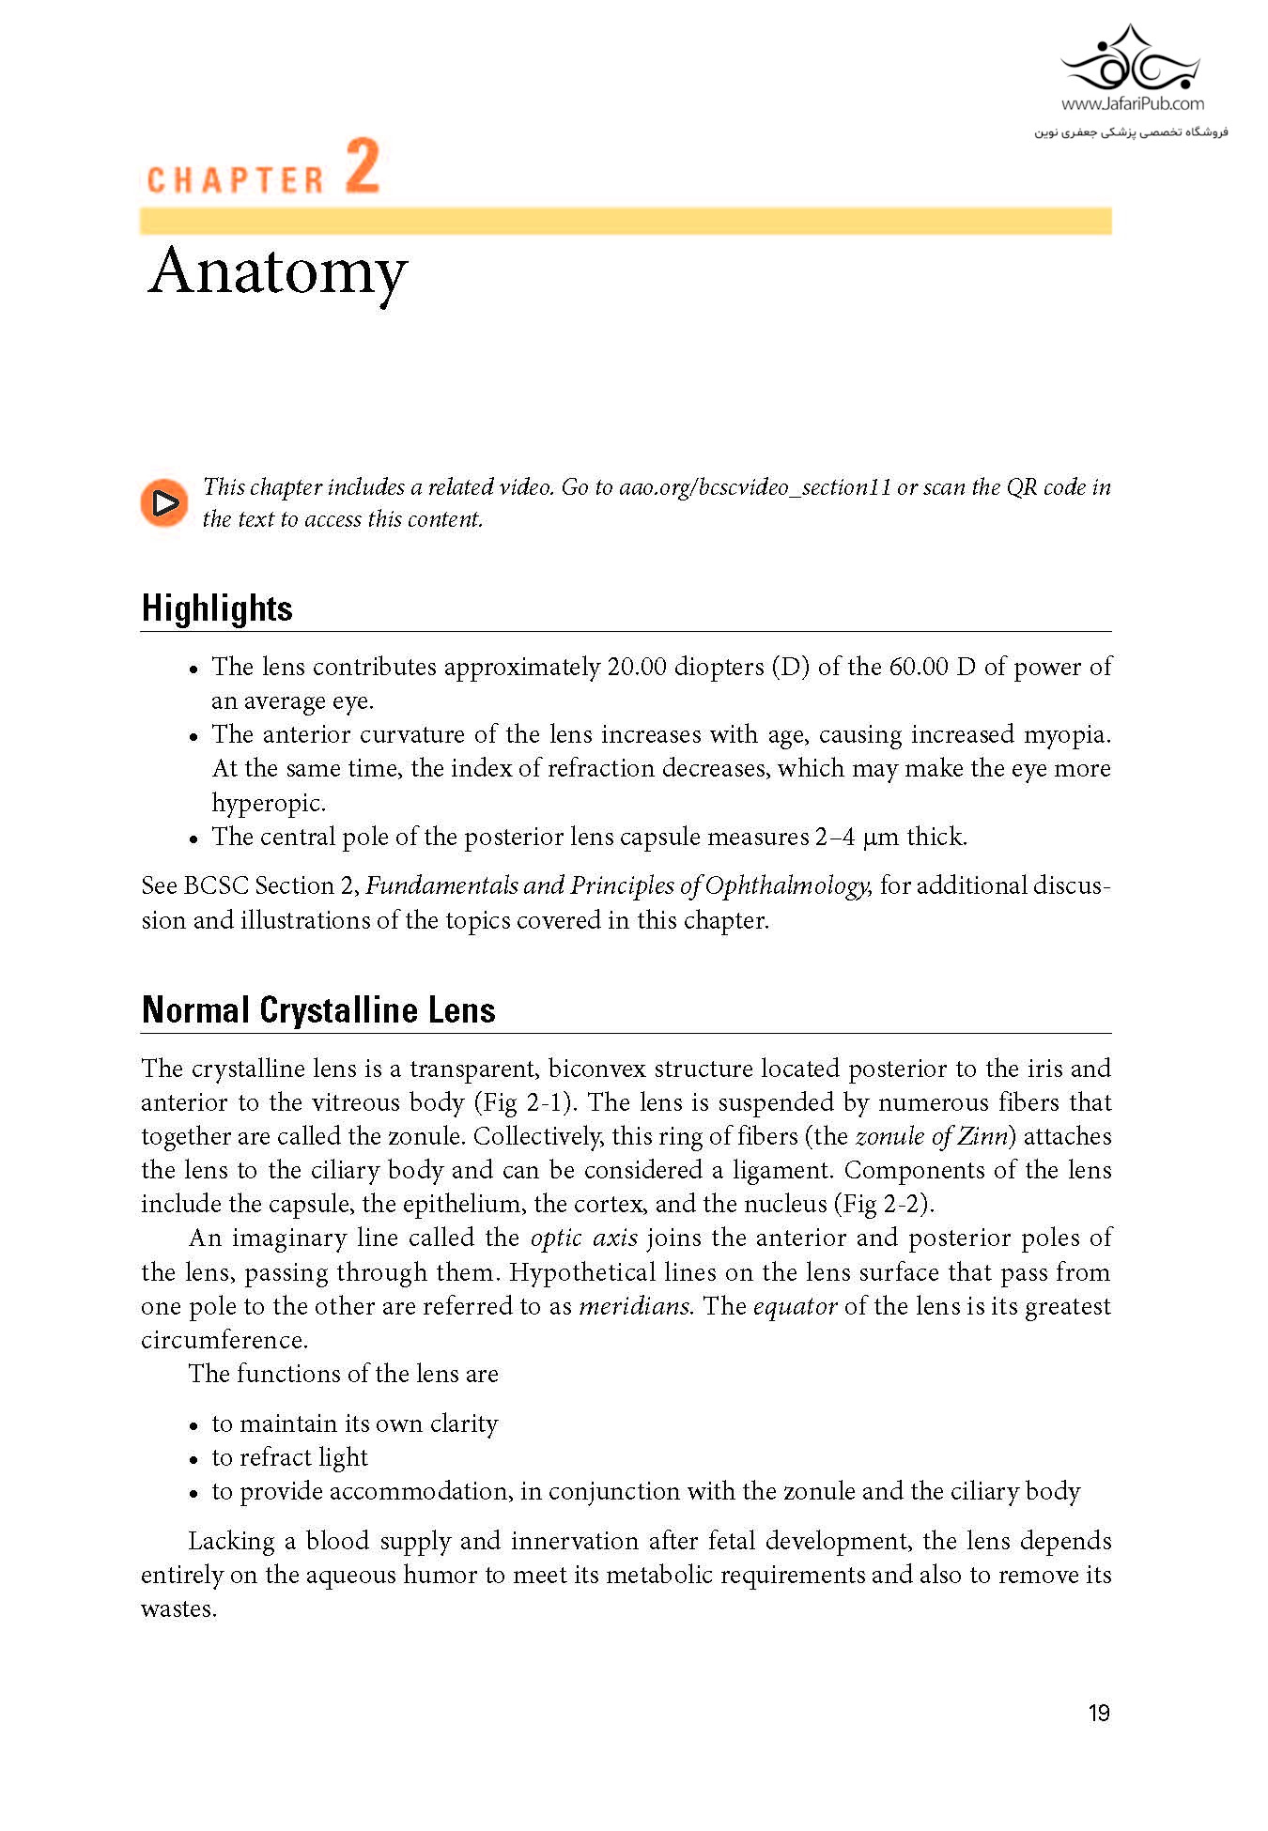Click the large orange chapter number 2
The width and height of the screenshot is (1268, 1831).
pyautogui.click(x=363, y=166)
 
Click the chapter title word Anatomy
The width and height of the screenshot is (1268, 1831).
pyautogui.click(x=278, y=272)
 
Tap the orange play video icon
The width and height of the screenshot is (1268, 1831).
pyautogui.click(x=164, y=503)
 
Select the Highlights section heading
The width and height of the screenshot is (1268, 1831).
pyautogui.click(x=217, y=608)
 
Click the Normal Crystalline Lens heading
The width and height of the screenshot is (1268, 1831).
pyautogui.click(x=318, y=1010)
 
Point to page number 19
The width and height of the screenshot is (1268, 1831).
pyautogui.click(x=1099, y=1714)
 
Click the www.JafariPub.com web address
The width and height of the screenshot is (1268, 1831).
pyautogui.click(x=1132, y=104)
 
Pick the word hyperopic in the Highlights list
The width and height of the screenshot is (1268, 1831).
pyautogui.click(x=268, y=804)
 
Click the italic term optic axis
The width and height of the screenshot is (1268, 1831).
pyautogui.click(x=584, y=1239)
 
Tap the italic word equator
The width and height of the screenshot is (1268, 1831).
pyautogui.click(x=795, y=1307)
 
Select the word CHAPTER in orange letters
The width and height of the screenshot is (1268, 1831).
pyautogui.click(x=236, y=180)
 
